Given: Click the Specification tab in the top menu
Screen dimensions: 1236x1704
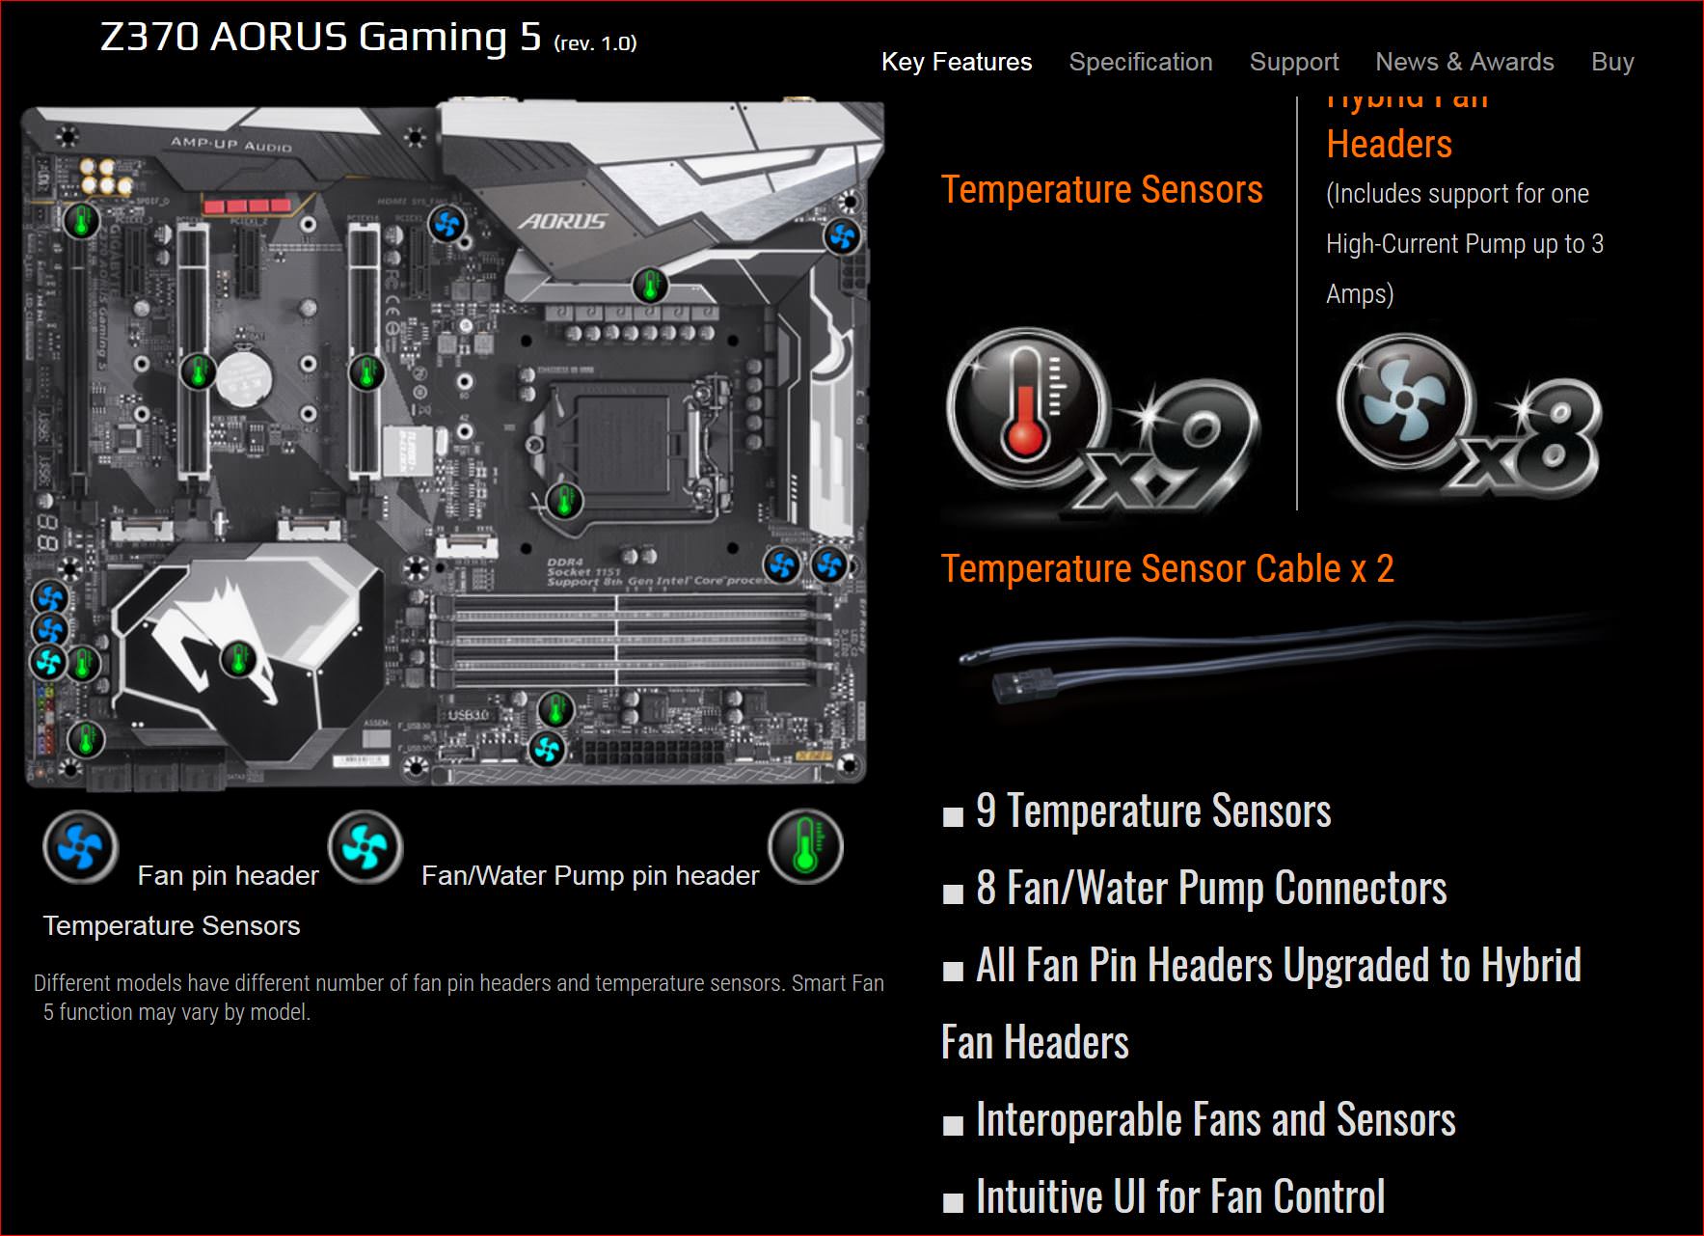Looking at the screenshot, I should click(x=1140, y=62).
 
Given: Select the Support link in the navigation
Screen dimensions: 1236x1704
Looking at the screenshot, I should click(x=1293, y=62).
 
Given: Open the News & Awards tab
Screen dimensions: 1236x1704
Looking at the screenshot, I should click(x=1464, y=62).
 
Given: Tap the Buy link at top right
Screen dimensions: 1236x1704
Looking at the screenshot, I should click(x=1611, y=62).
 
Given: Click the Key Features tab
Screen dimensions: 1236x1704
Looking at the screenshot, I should click(x=956, y=62).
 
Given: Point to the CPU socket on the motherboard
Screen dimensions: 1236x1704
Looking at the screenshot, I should click(x=617, y=444).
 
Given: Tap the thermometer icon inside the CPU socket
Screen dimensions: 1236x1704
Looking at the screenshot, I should click(x=564, y=501).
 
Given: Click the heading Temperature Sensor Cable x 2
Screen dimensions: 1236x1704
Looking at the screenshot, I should click(x=1167, y=568).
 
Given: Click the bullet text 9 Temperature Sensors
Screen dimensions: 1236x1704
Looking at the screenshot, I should click(x=1153, y=810).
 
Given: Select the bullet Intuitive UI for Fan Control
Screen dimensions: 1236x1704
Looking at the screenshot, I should click(x=1180, y=1196).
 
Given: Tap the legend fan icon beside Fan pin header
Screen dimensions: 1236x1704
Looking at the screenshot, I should click(x=80, y=848).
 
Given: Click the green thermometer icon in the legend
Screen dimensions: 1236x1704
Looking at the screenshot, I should click(x=805, y=846).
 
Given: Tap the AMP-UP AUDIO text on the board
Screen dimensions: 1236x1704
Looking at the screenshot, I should click(x=230, y=145).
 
